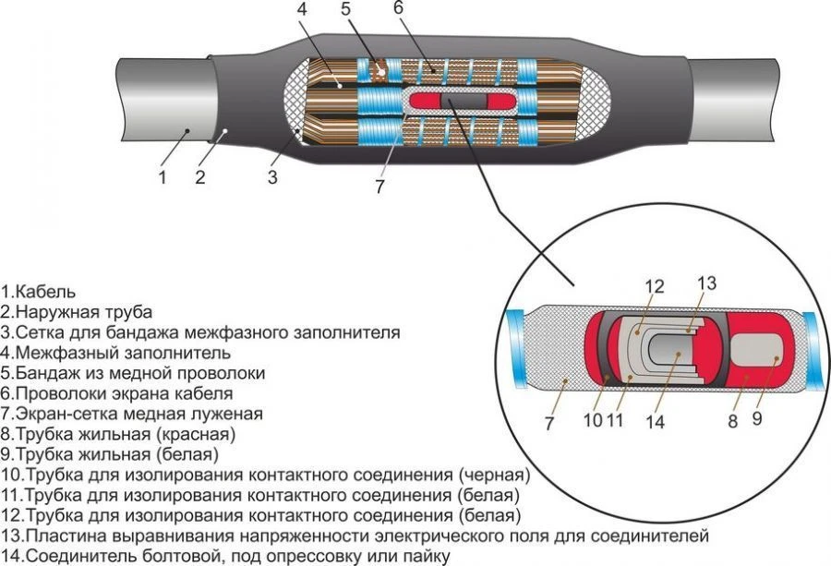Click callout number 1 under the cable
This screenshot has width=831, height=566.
click(163, 176)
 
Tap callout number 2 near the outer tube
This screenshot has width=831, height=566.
click(199, 176)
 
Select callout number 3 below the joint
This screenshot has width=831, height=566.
click(272, 177)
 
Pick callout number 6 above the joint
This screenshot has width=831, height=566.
click(399, 8)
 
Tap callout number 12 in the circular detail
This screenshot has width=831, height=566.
click(655, 287)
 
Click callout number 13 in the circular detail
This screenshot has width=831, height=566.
click(706, 283)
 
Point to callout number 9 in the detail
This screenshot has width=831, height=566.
click(757, 419)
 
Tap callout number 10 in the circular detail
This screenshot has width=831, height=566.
click(594, 421)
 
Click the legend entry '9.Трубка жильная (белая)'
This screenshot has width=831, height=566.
click(111, 454)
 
